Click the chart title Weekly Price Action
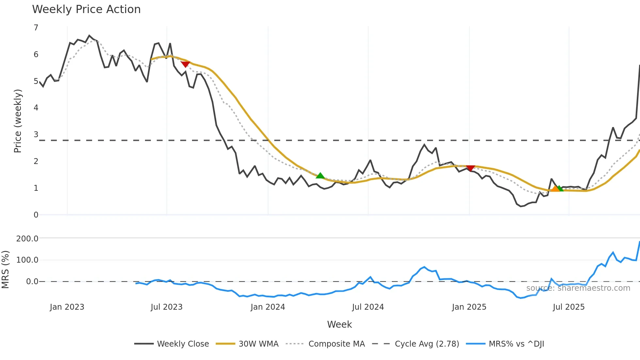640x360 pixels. pos(86,9)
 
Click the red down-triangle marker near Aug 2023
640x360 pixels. pos(185,64)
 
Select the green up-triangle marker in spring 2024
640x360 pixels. pos(320,176)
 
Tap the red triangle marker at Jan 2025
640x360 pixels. pos(470,168)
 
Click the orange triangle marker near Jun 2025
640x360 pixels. pos(555,188)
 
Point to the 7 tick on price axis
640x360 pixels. pos(36,28)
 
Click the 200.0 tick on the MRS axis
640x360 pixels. pos(27,238)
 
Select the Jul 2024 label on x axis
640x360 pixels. pos(368,307)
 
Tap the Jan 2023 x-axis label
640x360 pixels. pos(67,307)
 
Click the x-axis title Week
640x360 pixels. pos(339,324)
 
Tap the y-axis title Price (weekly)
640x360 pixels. pos(18,121)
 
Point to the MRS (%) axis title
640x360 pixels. pos(5,270)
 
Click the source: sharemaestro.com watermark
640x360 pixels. pos(578,288)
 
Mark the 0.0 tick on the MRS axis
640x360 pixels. pos(32,282)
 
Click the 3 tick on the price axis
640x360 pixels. pos(36,135)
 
